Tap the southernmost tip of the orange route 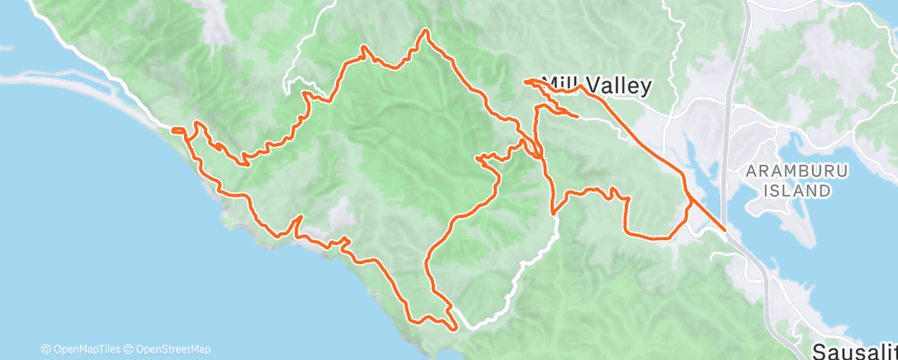coord(453,328)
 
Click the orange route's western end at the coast coord(173,129)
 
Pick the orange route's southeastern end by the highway coord(725,230)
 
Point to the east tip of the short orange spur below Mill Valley coord(575,116)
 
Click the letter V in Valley coord(607,85)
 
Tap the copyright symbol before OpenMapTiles coord(46,349)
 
